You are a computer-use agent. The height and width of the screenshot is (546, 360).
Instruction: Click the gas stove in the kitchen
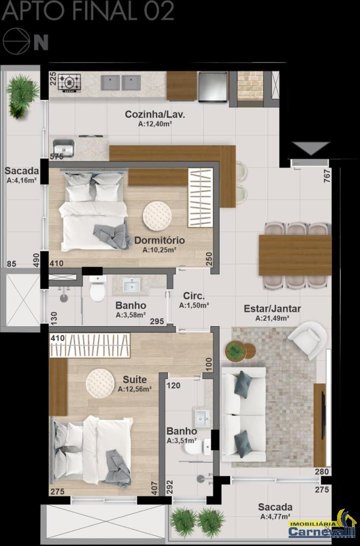(69, 83)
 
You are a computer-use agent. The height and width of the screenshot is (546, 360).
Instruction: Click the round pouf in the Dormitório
(157, 216)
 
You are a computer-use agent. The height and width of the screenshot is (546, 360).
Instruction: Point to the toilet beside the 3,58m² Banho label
(97, 288)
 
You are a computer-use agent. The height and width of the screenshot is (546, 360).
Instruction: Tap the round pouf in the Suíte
(100, 383)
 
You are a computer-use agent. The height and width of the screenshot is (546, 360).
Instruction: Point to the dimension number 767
(327, 176)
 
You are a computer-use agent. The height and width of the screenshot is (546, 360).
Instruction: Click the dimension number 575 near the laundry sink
(57, 157)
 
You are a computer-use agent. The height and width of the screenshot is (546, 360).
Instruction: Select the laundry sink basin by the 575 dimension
(63, 148)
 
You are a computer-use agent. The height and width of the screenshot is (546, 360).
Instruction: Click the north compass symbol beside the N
(17, 41)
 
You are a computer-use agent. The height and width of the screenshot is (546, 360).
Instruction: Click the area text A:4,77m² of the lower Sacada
(275, 517)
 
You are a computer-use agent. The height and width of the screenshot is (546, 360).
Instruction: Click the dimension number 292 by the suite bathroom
(169, 487)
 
